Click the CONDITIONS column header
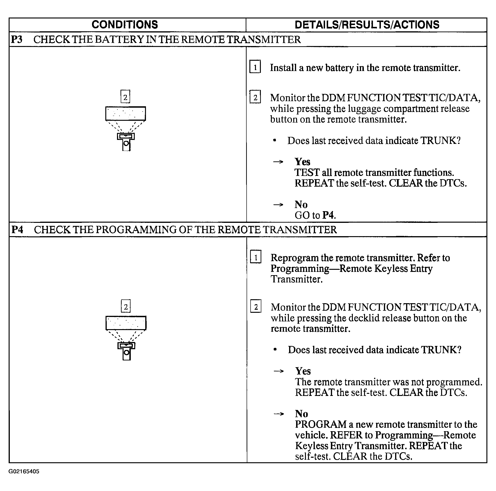(125, 25)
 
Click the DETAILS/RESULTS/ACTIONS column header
(367, 25)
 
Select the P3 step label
(17, 39)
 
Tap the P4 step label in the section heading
(17, 230)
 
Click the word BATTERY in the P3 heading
(119, 39)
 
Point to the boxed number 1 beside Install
(255, 67)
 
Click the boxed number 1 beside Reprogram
(256, 257)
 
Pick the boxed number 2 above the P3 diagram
(125, 97)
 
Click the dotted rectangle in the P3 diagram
(126, 114)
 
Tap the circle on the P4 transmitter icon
(126, 352)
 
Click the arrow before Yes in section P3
(278, 162)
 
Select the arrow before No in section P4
(279, 414)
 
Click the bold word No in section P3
(301, 205)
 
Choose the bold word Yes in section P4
(303, 371)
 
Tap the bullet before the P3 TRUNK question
(275, 140)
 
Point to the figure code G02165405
(24, 471)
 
